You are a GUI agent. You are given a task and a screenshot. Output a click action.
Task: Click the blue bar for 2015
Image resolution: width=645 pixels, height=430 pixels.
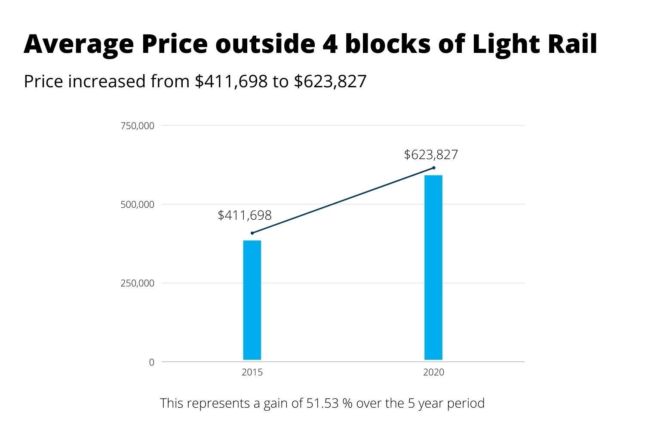click(252, 300)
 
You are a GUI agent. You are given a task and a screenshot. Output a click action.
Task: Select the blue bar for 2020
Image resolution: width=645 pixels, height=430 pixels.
click(433, 267)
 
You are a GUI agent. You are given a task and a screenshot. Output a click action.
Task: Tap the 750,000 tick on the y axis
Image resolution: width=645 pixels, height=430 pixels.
click(137, 126)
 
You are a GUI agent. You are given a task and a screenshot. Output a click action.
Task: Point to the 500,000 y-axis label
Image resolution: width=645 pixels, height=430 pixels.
click(137, 205)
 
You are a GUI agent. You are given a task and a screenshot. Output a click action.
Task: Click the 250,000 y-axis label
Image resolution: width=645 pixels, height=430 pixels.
click(137, 283)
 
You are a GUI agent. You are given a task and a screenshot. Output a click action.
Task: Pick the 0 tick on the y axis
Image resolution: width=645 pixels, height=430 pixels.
click(151, 362)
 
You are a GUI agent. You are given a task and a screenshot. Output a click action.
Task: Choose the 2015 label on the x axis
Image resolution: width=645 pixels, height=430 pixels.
click(252, 372)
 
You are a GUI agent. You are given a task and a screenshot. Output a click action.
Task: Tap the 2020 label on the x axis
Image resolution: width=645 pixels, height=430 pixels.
click(433, 372)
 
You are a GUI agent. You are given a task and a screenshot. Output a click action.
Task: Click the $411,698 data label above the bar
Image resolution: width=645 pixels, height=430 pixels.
click(245, 215)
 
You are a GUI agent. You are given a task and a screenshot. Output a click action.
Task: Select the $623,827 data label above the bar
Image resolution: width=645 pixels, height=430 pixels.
click(431, 155)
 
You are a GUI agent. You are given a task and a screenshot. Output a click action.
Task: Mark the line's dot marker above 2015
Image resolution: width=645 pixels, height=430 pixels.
click(252, 233)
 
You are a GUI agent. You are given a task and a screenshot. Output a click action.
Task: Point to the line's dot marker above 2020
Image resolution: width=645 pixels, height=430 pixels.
click(433, 168)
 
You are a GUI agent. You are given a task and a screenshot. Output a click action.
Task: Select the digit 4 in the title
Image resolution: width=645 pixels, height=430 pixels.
click(330, 44)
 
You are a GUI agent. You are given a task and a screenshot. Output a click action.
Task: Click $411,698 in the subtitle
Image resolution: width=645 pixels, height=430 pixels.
click(231, 81)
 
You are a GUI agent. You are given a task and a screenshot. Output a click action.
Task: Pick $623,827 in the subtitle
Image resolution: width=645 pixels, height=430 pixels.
click(330, 81)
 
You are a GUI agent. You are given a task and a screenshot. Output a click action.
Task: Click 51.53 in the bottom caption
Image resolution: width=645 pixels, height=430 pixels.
click(322, 403)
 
